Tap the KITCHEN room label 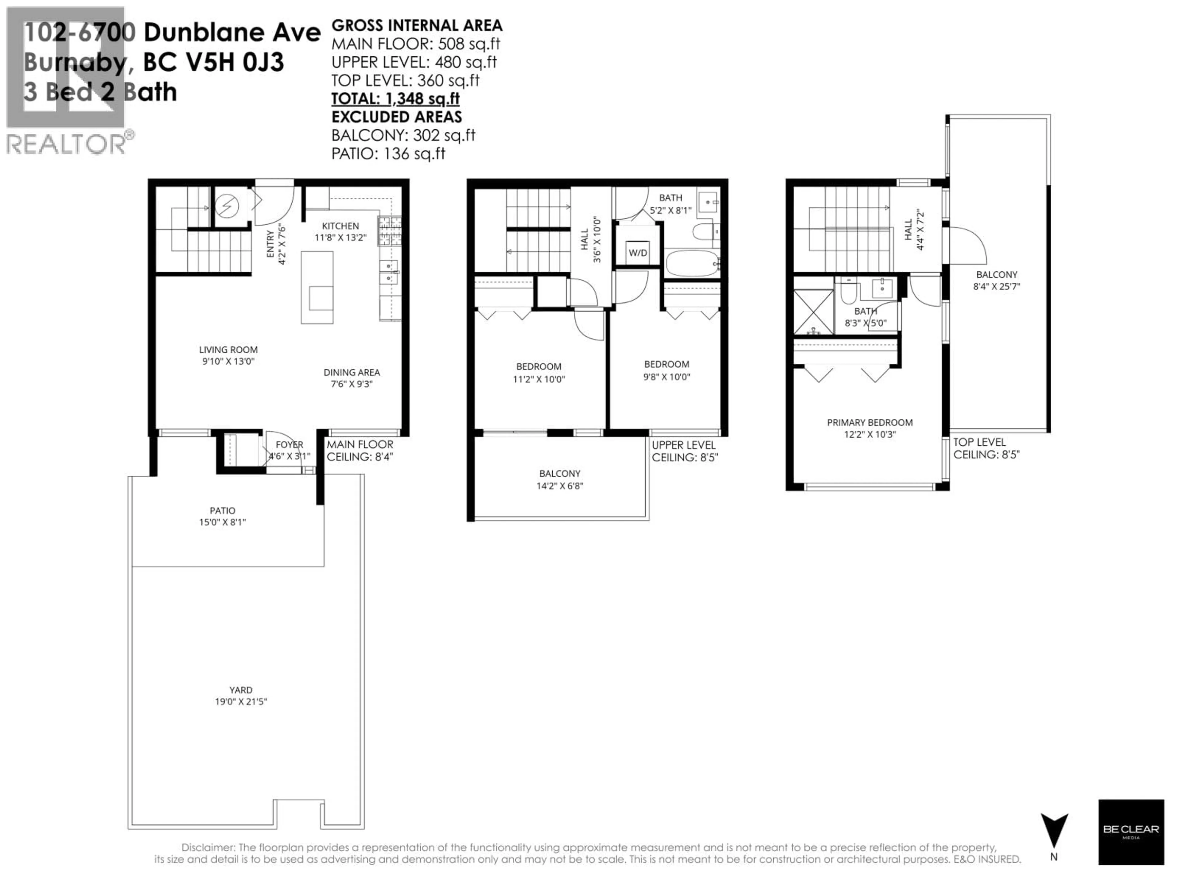point(340,226)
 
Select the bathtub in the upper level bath point(692,263)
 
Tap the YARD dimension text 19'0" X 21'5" point(241,702)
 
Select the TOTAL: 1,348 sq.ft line point(395,99)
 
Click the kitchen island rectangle point(317,288)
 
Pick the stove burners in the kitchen point(390,231)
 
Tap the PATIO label point(222,510)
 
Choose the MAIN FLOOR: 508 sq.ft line point(416,44)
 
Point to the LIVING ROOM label point(228,350)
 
